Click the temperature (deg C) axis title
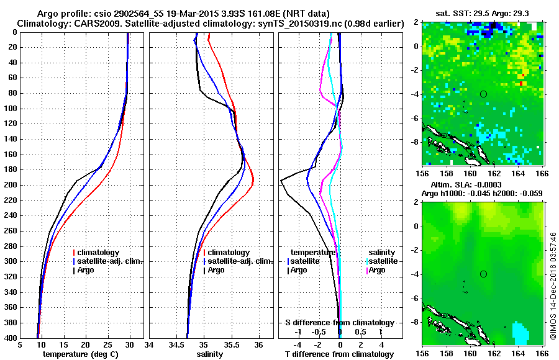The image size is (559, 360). coord(81,354)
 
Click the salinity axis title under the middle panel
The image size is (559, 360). coord(211,354)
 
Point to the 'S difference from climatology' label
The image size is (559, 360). coord(339,323)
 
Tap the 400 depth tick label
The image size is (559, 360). coord(11,338)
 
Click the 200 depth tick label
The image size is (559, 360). coord(11,185)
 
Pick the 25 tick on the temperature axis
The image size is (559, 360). coord(107,344)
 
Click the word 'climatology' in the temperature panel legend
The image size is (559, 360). coord(99,253)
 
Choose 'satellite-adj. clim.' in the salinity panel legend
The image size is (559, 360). coord(240,261)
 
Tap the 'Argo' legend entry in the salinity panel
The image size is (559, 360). coord(216,270)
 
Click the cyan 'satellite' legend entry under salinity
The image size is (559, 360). coord(382,261)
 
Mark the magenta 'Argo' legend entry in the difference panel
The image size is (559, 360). coord(378,270)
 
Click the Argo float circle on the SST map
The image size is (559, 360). coord(483,94)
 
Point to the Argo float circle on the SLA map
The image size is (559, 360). coord(483,274)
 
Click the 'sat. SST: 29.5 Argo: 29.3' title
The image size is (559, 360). coord(483,13)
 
